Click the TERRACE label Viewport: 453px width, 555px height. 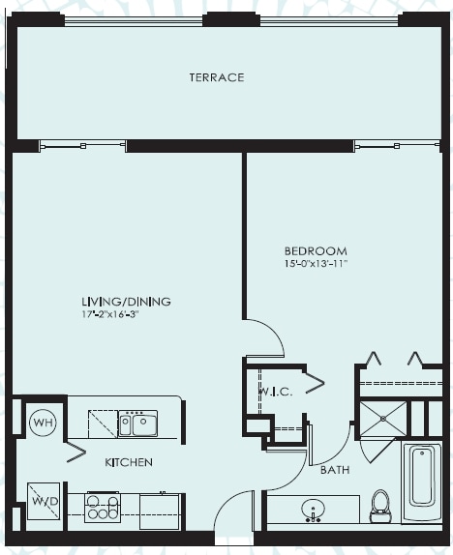click(x=217, y=77)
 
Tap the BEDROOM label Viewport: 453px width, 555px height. click(x=316, y=251)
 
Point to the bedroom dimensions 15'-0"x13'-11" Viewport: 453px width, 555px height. click(x=316, y=264)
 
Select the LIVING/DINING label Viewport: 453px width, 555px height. click(x=126, y=302)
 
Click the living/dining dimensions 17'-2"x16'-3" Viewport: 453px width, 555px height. click(x=109, y=314)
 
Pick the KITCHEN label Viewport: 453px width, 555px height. click(x=129, y=462)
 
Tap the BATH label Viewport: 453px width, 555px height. click(x=335, y=470)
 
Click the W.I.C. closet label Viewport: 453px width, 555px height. click(x=276, y=392)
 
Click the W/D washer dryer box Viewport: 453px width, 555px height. click(x=44, y=501)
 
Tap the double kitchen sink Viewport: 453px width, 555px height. click(x=137, y=424)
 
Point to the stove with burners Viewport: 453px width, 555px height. click(x=103, y=508)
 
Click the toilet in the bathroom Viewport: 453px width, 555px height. click(x=380, y=506)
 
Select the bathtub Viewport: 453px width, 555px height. click(x=421, y=482)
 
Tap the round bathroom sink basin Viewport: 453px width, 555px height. click(x=313, y=509)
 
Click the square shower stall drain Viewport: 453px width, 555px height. click(x=383, y=419)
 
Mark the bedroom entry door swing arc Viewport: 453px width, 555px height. click(x=273, y=330)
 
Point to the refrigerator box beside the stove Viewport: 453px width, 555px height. click(x=160, y=511)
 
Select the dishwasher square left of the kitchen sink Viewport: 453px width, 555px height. click(x=103, y=424)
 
